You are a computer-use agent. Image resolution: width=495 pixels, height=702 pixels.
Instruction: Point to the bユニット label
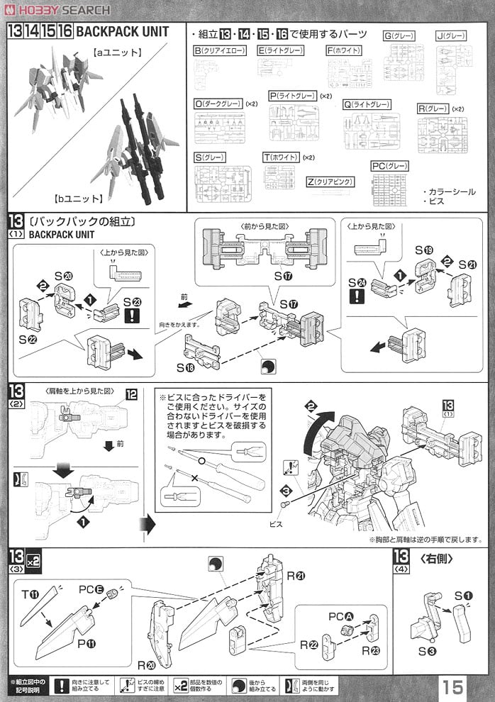(78, 198)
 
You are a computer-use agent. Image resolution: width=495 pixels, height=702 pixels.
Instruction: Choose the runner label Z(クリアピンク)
(330, 182)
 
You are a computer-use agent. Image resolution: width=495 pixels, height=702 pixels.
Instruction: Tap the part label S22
(29, 340)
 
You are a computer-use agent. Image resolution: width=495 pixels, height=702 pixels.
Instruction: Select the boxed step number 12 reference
(130, 394)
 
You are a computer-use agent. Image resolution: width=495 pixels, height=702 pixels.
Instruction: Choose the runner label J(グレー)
(449, 35)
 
